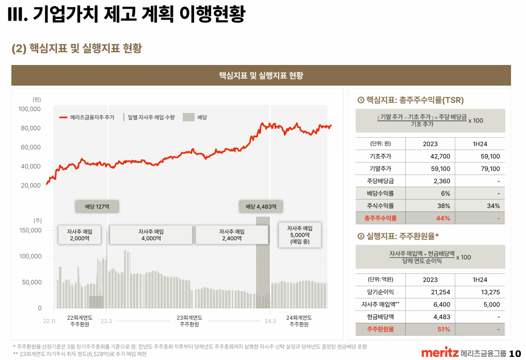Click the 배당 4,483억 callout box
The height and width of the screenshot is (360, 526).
[x=261, y=207]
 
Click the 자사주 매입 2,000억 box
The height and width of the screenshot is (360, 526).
[x=79, y=235]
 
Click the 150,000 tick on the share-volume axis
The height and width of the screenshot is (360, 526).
[x=29, y=230]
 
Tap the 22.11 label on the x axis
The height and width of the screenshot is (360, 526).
[x=49, y=321]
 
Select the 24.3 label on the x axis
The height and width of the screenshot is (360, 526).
[x=270, y=321]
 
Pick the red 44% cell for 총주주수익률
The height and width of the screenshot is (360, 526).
[x=443, y=218]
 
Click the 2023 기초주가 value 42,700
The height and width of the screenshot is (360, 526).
[x=440, y=156]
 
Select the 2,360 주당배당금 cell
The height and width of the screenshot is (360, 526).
[x=442, y=181]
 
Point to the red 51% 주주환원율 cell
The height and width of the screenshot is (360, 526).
[x=443, y=329]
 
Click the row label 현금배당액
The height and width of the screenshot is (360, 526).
[x=380, y=317]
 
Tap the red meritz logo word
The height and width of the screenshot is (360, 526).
[x=440, y=353]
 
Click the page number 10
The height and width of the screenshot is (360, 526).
[x=515, y=353]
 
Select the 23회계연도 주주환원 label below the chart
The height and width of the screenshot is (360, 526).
[x=189, y=321]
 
